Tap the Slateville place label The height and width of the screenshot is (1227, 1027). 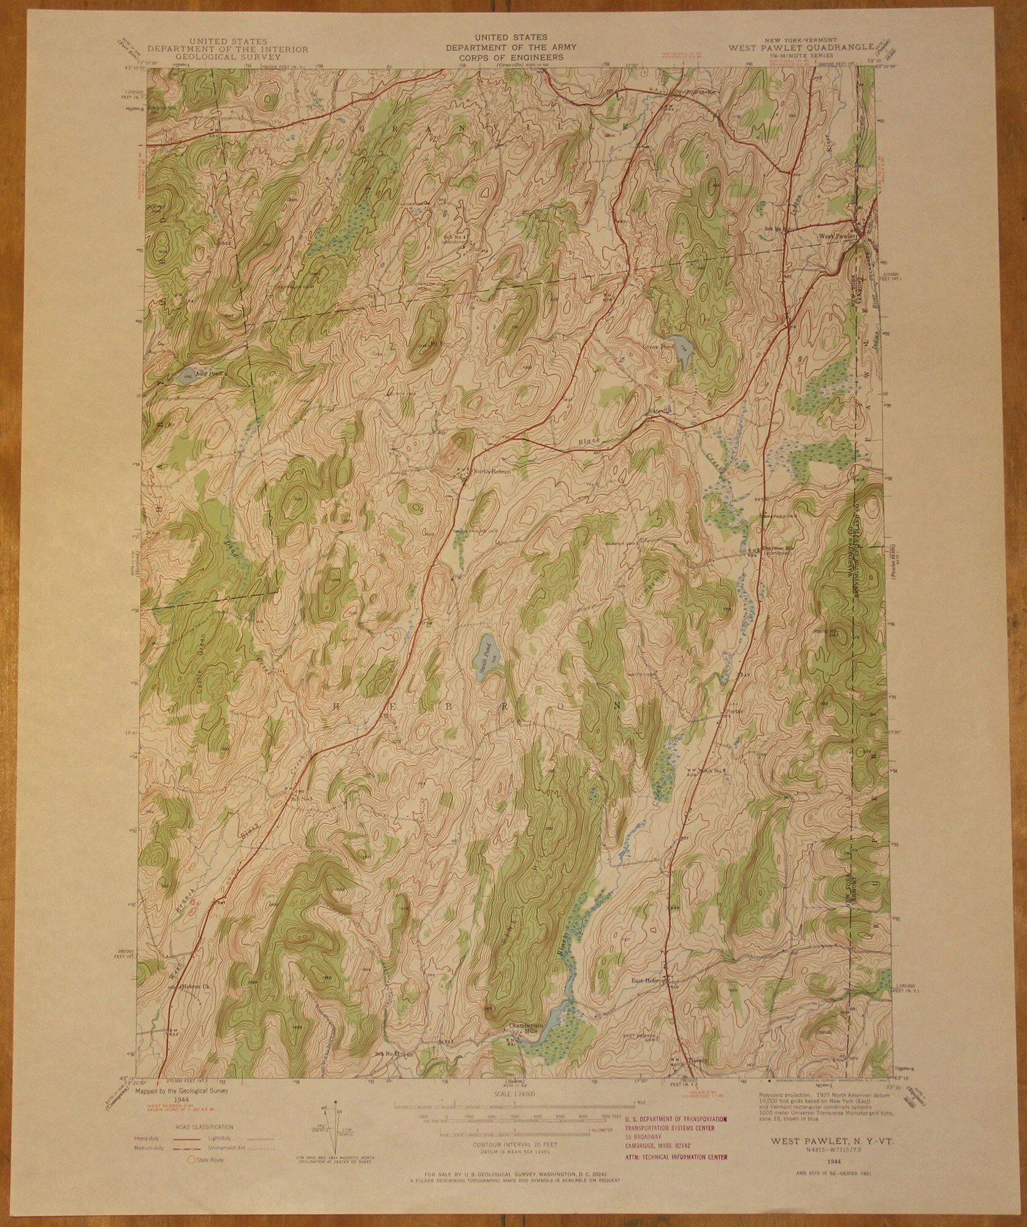662,410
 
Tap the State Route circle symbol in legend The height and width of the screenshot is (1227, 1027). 189,1160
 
